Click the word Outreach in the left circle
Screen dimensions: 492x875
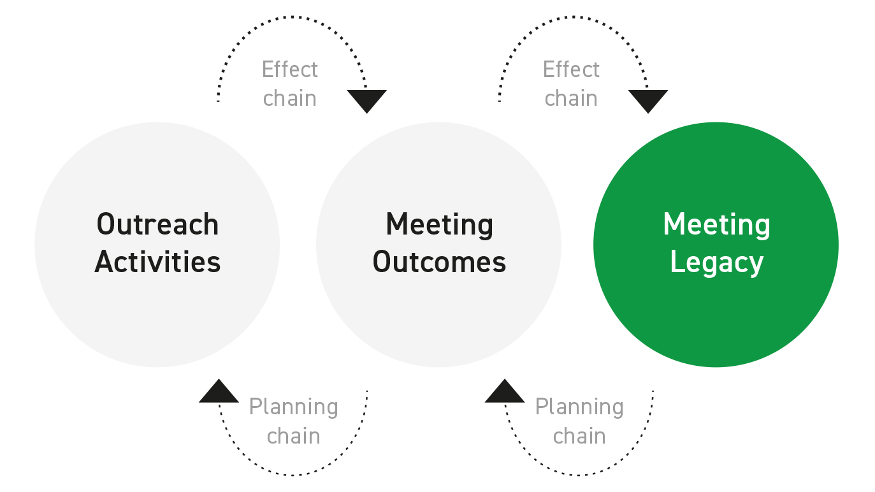click(x=157, y=224)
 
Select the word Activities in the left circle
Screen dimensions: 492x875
click(x=157, y=262)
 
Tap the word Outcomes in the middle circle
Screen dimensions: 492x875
click(x=439, y=262)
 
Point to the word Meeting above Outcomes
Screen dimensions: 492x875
click(x=439, y=224)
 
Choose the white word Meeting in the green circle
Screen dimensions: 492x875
click(x=716, y=224)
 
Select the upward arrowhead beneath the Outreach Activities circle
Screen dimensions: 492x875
click(x=219, y=392)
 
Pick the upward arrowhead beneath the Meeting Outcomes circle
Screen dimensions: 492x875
click(x=505, y=392)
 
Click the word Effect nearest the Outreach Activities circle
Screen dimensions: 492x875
click(x=289, y=69)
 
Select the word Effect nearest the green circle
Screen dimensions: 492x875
click(x=571, y=69)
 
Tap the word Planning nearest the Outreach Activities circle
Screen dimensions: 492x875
click(x=293, y=407)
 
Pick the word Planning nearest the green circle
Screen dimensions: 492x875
click(x=579, y=407)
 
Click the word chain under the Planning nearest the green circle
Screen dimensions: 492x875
click(x=579, y=436)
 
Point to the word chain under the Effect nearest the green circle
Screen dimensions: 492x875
click(x=571, y=98)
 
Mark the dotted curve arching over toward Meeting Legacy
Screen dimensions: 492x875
click(x=574, y=17)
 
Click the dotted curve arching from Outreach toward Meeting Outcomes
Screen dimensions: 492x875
click(x=293, y=17)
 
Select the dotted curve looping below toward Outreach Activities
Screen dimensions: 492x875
click(x=293, y=475)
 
